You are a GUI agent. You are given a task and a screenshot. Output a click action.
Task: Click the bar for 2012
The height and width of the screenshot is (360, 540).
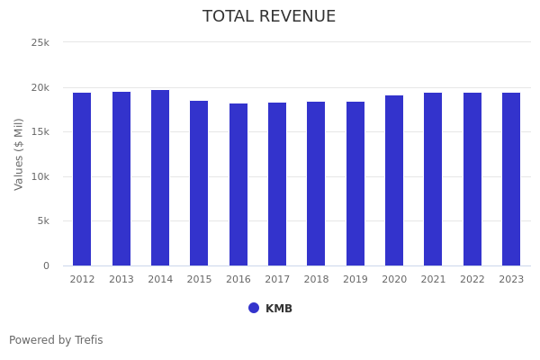coord(82,179)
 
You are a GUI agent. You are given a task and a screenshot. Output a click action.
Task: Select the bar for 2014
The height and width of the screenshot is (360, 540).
coord(160,177)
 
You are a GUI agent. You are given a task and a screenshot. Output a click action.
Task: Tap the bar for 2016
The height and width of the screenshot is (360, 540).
coord(238,184)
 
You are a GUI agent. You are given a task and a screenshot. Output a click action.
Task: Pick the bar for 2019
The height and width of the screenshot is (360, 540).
coord(355,184)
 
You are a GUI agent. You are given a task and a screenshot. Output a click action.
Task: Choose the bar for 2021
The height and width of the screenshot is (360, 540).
coord(433,179)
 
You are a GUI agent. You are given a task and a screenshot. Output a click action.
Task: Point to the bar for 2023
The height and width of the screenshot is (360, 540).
coord(511,179)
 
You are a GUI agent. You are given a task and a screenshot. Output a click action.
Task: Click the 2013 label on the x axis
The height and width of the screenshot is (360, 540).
coord(121,280)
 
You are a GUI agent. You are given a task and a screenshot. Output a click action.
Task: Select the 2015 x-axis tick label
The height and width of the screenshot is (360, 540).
coord(199,280)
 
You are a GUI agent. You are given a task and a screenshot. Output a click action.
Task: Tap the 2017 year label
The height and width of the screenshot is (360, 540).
coord(277,280)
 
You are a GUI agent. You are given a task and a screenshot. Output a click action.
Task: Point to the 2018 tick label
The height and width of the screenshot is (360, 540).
coord(316,280)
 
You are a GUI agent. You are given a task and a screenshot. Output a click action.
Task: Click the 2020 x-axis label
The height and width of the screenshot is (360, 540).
coord(394,280)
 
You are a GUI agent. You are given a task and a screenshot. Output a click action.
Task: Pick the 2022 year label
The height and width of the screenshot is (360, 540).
coord(472,280)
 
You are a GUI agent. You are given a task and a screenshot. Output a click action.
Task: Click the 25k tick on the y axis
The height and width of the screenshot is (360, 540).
coord(40,43)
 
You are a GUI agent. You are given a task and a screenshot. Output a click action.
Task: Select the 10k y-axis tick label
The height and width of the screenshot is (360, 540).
coord(40,176)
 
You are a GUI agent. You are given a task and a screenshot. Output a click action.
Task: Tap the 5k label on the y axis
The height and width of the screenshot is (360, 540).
coord(43,221)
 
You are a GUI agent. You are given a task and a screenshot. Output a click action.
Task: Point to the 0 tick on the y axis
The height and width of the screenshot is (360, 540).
coord(46,265)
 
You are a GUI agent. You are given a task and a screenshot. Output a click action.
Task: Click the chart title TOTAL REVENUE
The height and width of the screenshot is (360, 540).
coord(269,17)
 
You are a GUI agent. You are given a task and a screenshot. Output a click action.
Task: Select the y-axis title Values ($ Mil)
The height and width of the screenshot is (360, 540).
coord(19,154)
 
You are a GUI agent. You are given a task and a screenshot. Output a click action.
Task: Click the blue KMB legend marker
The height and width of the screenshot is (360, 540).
coord(254,308)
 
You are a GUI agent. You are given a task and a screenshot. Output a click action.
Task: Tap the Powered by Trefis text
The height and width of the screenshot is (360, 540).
coord(56,340)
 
